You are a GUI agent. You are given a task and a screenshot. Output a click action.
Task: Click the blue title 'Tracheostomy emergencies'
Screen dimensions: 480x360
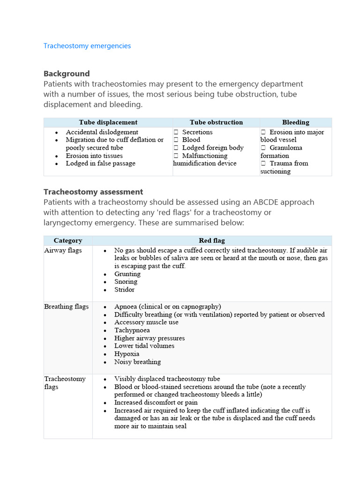(87, 46)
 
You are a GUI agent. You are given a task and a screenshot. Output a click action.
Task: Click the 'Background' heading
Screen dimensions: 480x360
(67, 74)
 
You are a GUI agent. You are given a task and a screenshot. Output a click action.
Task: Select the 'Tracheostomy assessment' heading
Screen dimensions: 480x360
(93, 192)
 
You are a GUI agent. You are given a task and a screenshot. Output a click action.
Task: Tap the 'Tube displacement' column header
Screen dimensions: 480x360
(108, 122)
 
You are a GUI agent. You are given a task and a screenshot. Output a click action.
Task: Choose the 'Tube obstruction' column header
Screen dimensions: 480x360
(216, 122)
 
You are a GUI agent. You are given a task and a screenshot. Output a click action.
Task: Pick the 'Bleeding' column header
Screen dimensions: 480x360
(295, 122)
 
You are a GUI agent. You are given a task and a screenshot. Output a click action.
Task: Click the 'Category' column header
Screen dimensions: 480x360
(68, 240)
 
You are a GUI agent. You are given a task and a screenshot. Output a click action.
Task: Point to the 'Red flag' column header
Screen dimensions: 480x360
(212, 240)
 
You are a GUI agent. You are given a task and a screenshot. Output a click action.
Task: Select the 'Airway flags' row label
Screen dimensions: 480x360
(63, 250)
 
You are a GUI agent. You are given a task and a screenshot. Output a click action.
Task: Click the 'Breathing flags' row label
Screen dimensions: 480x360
(66, 307)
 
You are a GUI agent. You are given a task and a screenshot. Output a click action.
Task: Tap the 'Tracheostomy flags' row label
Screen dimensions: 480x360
(65, 382)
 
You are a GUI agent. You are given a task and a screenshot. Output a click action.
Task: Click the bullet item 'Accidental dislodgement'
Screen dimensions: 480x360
(102, 132)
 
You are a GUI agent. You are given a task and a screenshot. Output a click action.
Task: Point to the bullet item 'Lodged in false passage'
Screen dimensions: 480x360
(100, 164)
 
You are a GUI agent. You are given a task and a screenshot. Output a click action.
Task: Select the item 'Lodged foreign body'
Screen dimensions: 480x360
(213, 148)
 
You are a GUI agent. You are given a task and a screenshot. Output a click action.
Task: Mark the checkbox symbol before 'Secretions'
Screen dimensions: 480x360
(176, 132)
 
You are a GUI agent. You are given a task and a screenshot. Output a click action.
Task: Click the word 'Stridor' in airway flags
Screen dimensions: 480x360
(124, 290)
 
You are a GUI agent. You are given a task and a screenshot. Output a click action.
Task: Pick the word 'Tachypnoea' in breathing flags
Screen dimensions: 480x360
(132, 330)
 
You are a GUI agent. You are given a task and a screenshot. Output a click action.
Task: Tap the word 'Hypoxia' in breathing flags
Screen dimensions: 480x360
(127, 354)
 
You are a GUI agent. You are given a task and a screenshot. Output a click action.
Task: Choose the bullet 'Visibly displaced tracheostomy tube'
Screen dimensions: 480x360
(167, 379)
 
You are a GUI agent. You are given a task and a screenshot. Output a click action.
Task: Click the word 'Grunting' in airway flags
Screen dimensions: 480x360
(127, 274)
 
